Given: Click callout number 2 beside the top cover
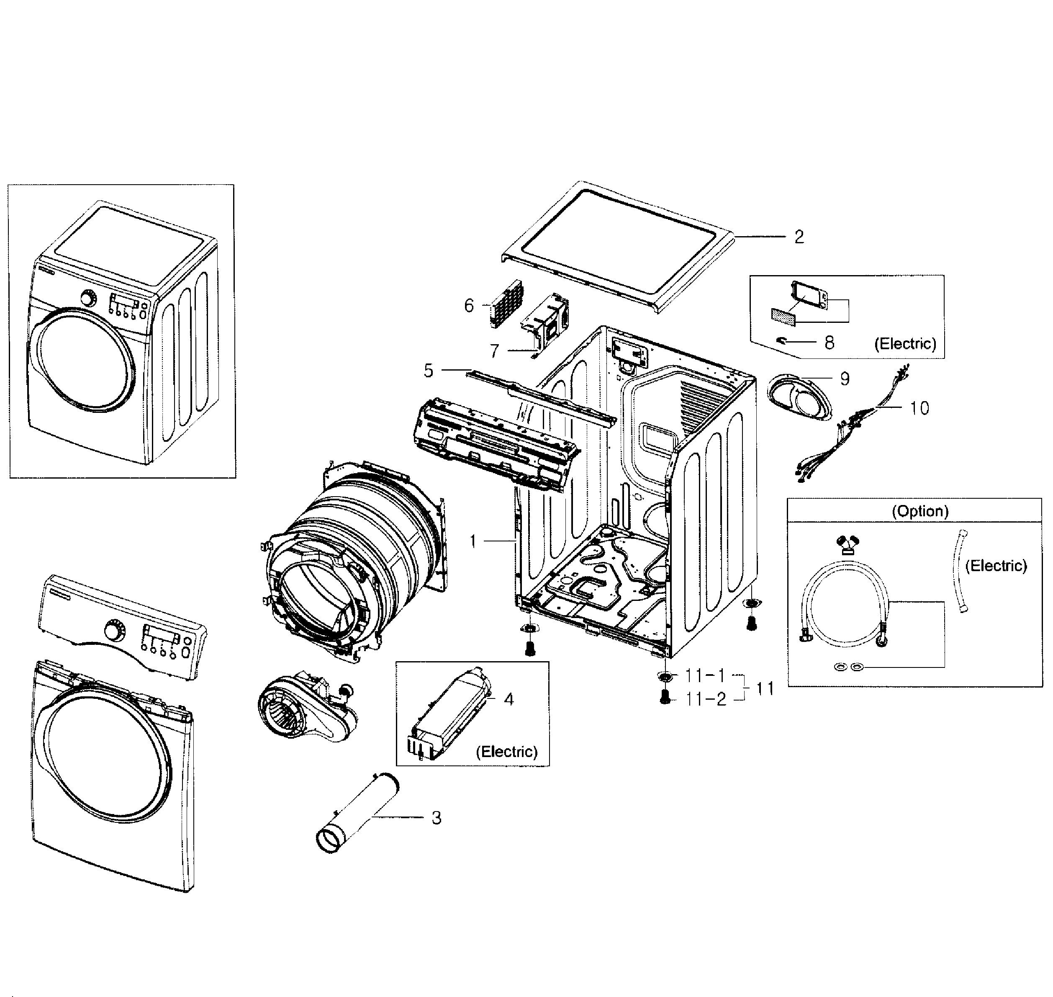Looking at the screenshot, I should tap(799, 237).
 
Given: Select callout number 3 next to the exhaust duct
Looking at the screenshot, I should tap(436, 818).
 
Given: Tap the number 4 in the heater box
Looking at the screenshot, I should tap(509, 699).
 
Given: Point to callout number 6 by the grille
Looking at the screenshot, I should tap(469, 306).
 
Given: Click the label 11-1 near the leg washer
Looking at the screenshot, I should tap(704, 675).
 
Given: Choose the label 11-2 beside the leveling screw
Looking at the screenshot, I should tap(706, 699).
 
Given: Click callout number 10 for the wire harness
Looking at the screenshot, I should tap(919, 408).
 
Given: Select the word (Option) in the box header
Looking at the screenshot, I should tap(919, 511).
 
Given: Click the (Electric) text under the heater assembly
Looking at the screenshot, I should tap(506, 752).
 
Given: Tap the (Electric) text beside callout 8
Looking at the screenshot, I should tap(905, 344).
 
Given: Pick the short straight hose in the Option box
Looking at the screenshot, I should tap(962, 571).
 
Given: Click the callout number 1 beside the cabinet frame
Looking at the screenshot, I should tap(473, 541).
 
